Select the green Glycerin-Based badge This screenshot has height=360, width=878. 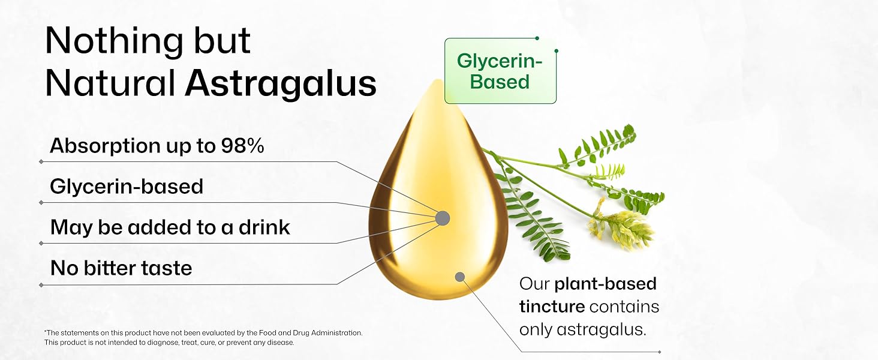click(500, 71)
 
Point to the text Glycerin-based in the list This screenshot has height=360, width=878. click(127, 187)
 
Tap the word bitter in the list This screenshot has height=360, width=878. click(112, 268)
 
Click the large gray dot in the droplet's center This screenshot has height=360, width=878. click(442, 218)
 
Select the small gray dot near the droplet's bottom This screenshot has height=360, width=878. click(460, 277)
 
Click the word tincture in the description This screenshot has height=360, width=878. click(552, 307)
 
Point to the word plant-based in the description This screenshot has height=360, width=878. click(605, 283)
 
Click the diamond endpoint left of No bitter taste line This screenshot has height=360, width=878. click(41, 284)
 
